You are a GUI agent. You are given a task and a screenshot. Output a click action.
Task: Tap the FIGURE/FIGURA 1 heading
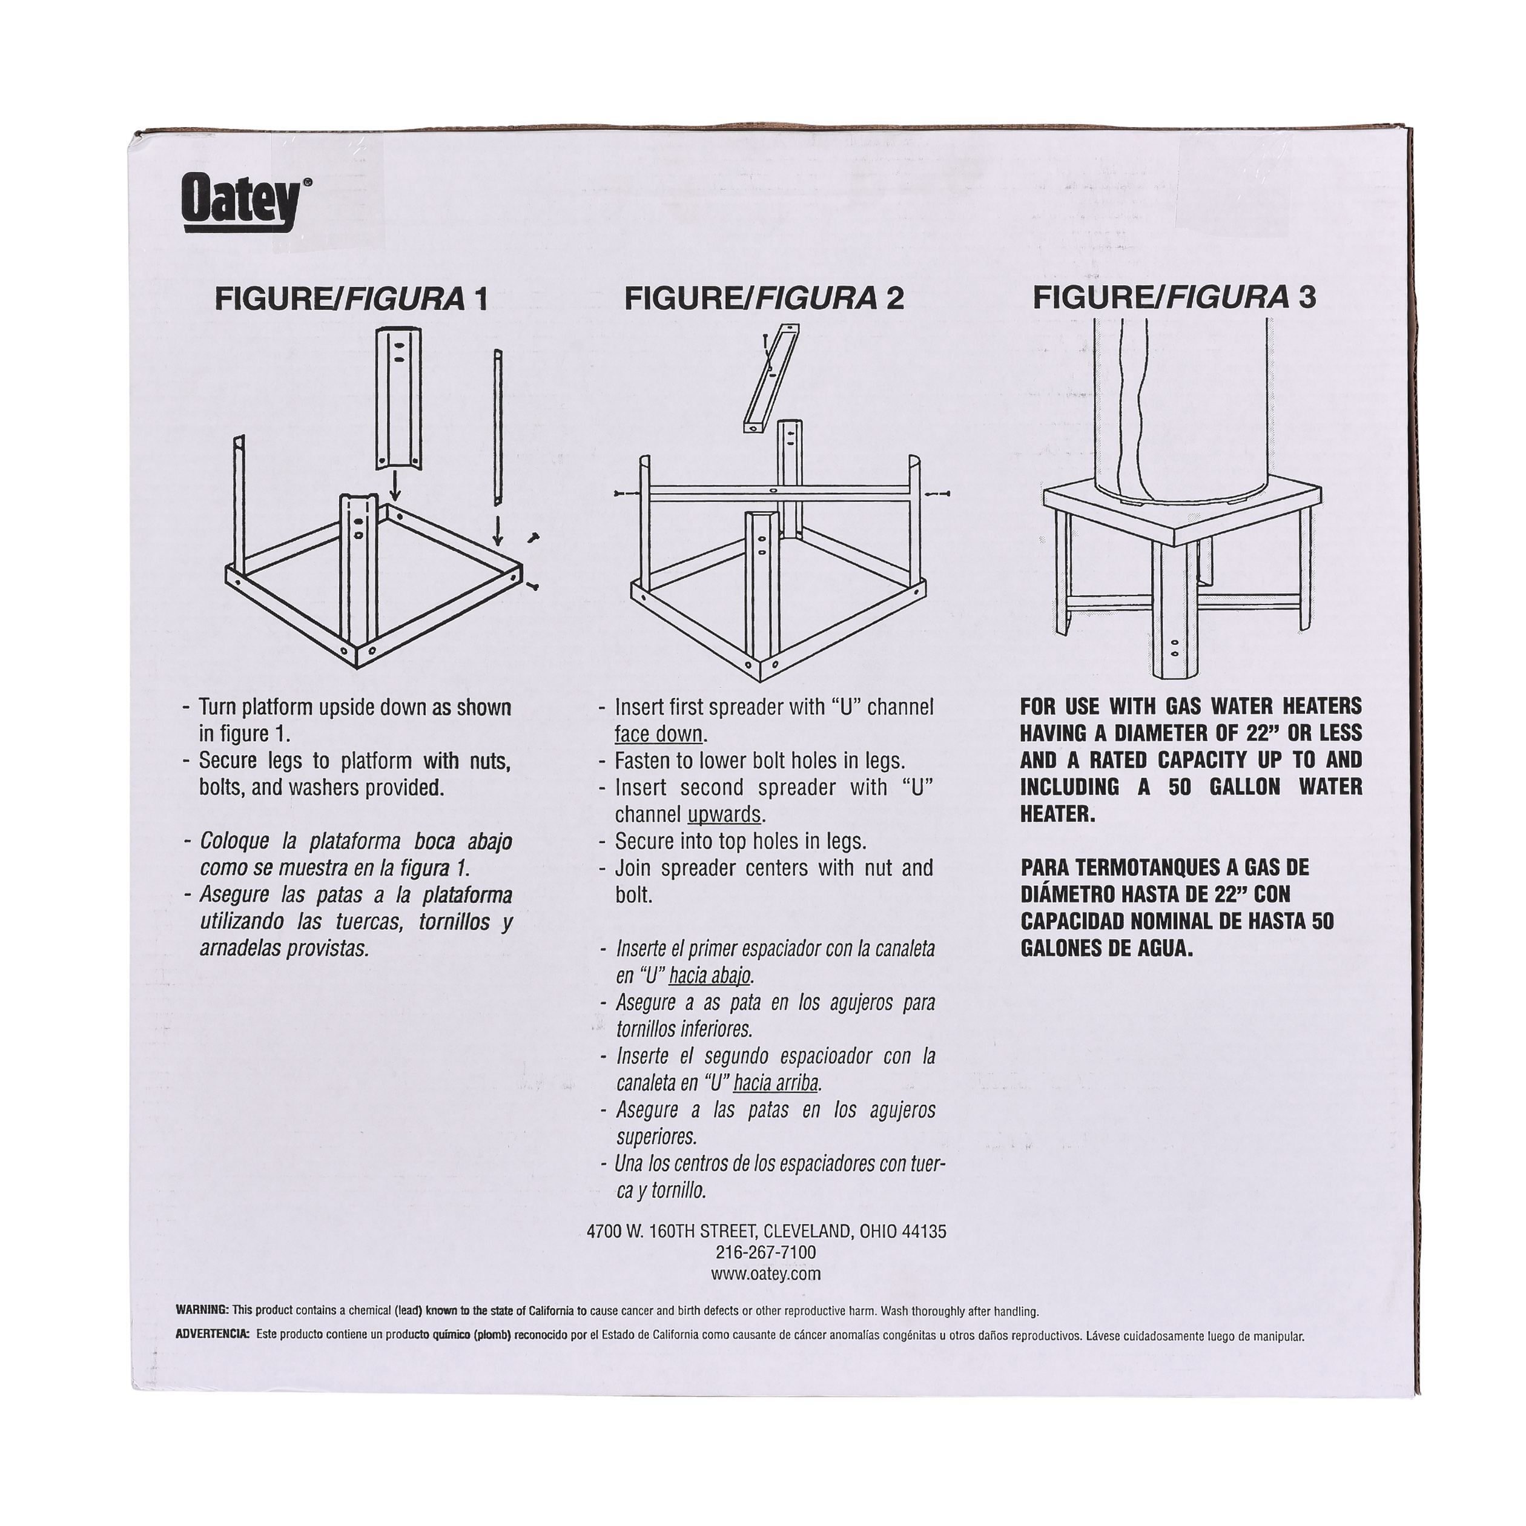click(x=351, y=299)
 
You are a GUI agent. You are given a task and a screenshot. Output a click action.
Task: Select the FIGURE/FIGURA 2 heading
click(x=764, y=299)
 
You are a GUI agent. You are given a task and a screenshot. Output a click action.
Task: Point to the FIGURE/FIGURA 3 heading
click(x=1175, y=297)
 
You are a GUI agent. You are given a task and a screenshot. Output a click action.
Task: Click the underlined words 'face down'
click(x=659, y=735)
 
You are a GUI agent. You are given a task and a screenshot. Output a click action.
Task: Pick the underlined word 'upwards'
click(x=724, y=814)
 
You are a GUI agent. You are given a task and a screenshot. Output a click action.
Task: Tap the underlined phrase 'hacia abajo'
click(x=709, y=976)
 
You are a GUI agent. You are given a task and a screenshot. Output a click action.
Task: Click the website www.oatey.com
click(x=765, y=1274)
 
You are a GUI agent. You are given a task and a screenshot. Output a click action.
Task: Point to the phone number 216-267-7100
click(x=765, y=1253)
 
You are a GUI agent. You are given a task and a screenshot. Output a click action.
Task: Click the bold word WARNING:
click(x=202, y=1310)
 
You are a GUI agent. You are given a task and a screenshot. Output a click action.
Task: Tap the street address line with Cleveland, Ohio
click(x=766, y=1231)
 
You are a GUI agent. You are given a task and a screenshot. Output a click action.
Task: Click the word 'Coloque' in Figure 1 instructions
click(x=234, y=842)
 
